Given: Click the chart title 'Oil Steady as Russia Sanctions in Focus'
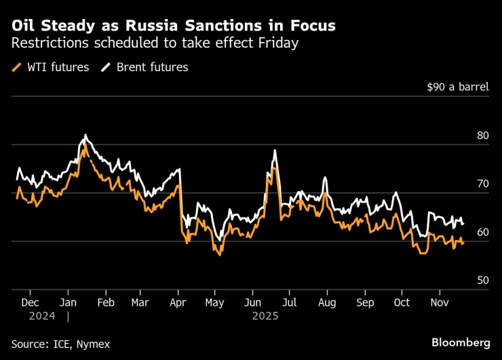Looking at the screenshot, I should (x=173, y=26).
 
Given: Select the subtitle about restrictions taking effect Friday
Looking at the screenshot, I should (x=155, y=44).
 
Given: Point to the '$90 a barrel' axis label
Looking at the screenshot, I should (x=457, y=87).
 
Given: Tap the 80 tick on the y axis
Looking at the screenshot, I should (x=482, y=136).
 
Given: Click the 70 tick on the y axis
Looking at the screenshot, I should (x=482, y=184).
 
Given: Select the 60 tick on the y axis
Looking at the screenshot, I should (x=482, y=232).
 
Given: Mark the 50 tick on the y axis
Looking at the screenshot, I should (x=482, y=280).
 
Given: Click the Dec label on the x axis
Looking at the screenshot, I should (x=31, y=302).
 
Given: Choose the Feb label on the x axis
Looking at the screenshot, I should (x=105, y=302).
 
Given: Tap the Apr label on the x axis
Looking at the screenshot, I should (x=178, y=302).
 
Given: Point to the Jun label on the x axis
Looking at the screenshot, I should (x=252, y=302).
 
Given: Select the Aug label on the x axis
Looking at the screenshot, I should (x=327, y=302).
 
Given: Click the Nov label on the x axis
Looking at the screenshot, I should (x=439, y=302).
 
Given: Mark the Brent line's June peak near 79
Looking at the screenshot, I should (x=275, y=151).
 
